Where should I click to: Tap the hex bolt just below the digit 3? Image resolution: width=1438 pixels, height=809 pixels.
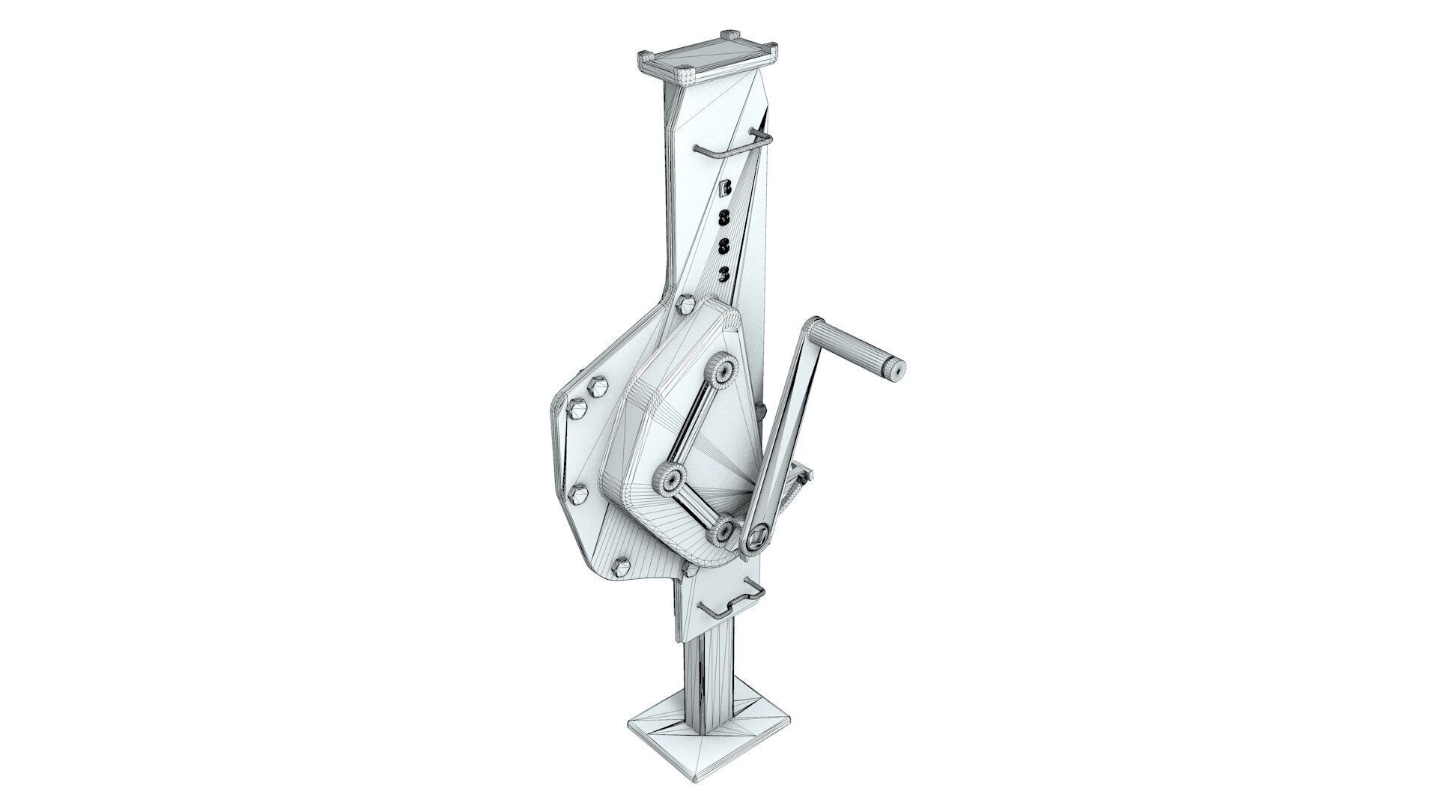coord(685,306)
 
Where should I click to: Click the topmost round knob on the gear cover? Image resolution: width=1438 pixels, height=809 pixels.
coord(723,372)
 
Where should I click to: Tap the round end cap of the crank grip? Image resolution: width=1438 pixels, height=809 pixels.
coord(895,369)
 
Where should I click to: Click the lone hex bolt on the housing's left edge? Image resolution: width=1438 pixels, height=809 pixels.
coord(579,494)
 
